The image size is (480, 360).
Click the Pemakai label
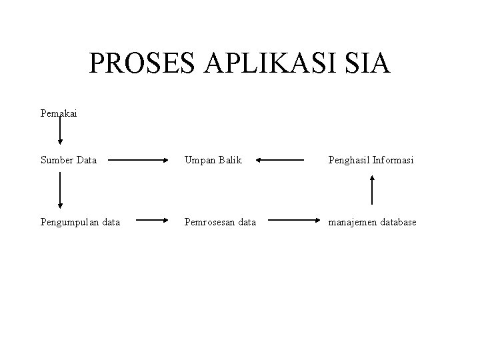58,113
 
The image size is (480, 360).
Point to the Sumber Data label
68,160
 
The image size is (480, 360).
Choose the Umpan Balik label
213,160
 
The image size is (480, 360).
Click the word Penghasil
349,160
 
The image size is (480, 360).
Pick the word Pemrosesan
206,221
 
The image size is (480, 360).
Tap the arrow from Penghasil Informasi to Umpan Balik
280,160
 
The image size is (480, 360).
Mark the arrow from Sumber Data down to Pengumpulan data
60,190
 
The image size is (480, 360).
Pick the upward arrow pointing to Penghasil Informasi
372,189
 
